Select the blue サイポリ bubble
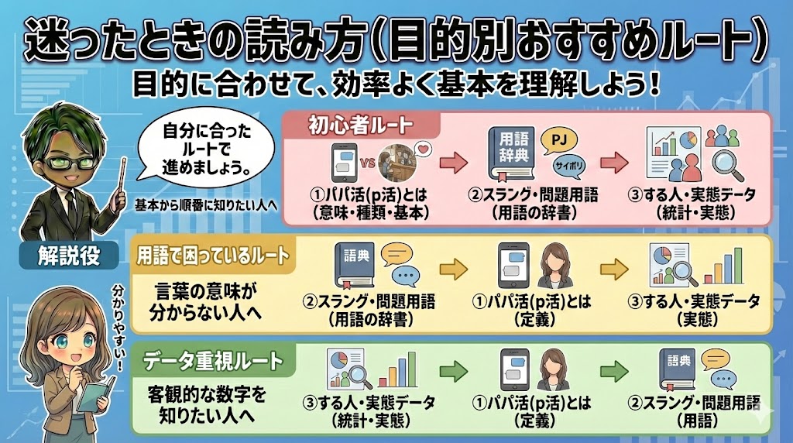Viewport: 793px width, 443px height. tap(568, 166)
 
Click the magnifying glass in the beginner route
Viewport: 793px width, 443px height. tap(726, 165)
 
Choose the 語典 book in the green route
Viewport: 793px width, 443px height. tap(679, 371)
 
